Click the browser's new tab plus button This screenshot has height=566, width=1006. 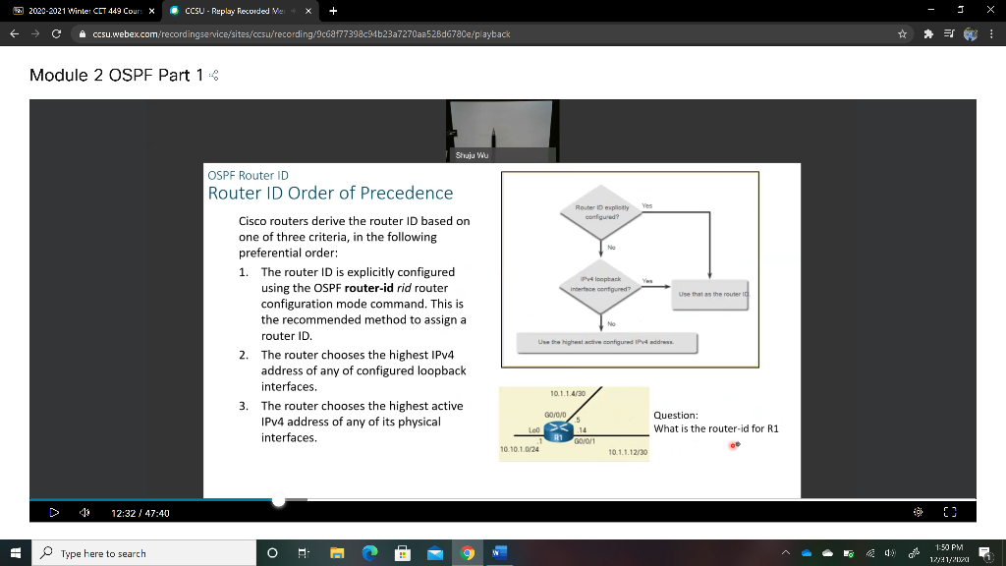334,12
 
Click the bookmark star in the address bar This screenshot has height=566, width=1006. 900,33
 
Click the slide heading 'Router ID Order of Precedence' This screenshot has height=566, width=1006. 330,193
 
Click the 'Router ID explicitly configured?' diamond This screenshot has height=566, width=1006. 600,213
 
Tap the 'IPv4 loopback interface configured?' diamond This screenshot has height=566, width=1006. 600,284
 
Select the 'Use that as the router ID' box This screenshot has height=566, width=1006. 713,295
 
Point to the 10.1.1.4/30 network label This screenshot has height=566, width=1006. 568,393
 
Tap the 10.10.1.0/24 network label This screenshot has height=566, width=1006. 518,449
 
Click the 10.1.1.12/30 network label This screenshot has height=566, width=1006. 627,452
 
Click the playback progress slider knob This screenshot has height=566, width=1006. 279,500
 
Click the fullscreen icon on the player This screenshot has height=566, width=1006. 949,512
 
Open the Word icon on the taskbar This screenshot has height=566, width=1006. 498,553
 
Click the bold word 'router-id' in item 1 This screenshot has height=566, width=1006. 369,288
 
